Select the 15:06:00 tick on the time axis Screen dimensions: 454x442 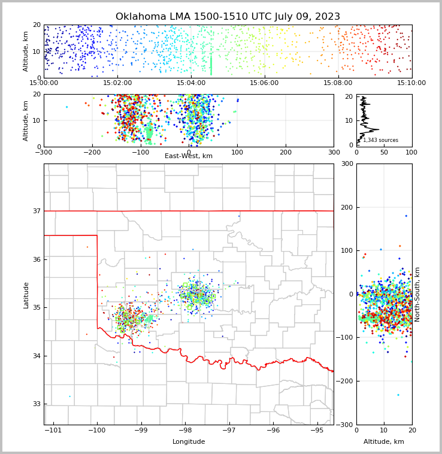point(264,84)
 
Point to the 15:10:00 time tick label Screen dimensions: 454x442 point(411,84)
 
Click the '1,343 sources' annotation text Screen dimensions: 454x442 point(380,140)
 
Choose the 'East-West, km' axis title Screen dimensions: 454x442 point(189,156)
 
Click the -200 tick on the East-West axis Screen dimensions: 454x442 point(92,152)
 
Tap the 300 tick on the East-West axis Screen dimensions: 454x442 point(334,152)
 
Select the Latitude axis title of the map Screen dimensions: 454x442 point(26,295)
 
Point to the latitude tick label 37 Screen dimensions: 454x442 point(37,211)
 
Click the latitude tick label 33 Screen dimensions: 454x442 point(37,404)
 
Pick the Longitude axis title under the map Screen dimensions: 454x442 point(189,441)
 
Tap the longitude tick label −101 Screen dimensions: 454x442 point(53,430)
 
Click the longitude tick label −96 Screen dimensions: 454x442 point(273,430)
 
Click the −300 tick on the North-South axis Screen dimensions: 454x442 point(346,425)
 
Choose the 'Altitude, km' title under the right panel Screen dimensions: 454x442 point(384,441)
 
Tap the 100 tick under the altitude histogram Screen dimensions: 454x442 point(411,152)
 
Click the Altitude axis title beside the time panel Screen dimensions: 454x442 point(26,52)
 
